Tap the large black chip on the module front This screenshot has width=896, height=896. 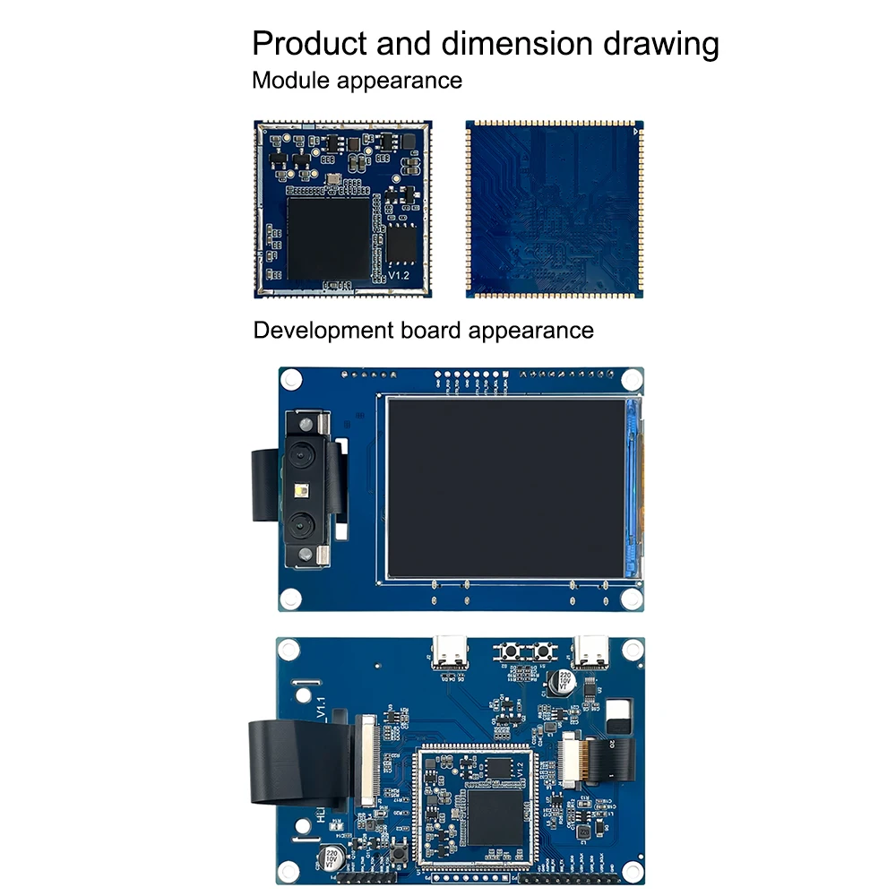328,237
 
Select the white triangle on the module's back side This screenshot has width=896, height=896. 635,131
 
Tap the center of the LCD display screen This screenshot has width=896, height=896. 507,487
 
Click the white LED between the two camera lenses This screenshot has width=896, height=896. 300,489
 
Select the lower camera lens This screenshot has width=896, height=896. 300,524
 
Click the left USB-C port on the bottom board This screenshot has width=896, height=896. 449,651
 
